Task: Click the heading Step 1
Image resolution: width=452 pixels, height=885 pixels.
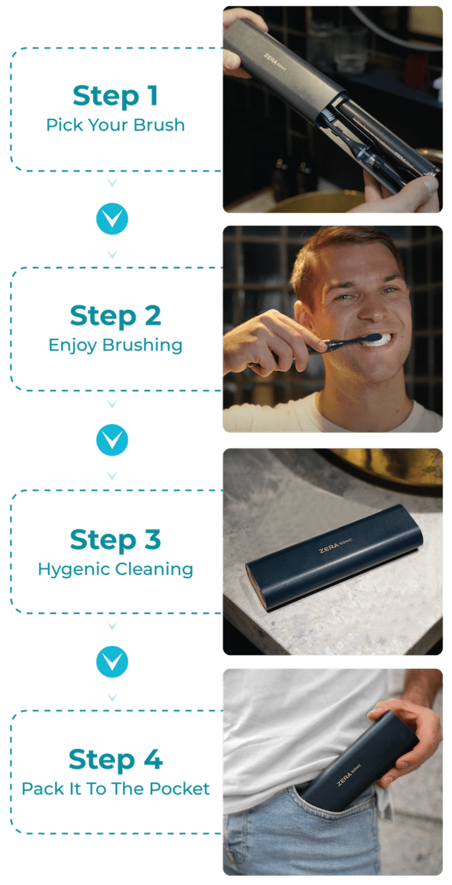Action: [116, 96]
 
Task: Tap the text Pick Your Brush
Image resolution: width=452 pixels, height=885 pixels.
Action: [116, 125]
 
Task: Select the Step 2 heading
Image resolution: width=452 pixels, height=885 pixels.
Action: [116, 316]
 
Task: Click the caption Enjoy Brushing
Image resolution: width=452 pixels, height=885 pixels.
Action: [116, 345]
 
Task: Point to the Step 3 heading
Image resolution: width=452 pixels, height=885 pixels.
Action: [116, 540]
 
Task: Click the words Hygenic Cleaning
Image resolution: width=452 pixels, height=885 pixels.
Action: [116, 569]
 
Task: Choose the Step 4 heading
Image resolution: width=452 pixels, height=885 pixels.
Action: [116, 760]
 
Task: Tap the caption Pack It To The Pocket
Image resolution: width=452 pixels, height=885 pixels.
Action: [116, 789]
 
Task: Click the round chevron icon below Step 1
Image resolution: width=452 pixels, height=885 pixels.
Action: [112, 220]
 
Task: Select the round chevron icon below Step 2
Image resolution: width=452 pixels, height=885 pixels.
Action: [112, 441]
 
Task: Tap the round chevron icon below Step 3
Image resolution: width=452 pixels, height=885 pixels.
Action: [112, 661]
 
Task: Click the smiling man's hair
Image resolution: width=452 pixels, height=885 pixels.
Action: [345, 250]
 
